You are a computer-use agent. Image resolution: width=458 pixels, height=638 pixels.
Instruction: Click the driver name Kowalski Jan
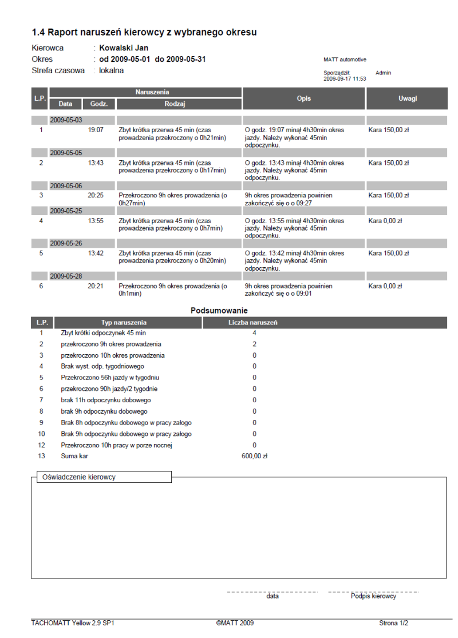[x=124, y=48]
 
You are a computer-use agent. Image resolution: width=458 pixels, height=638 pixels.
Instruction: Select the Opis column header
[x=304, y=98]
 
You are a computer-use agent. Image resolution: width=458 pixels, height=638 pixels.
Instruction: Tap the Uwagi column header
[x=408, y=98]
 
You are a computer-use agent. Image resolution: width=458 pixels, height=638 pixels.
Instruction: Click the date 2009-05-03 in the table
[x=66, y=120]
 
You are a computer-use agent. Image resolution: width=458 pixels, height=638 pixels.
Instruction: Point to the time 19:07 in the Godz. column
[x=96, y=130]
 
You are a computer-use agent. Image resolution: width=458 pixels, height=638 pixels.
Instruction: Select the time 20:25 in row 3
[x=96, y=195]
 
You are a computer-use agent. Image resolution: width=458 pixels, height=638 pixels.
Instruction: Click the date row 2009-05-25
[x=66, y=211]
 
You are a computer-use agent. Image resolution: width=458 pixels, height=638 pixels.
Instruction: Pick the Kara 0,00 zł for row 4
[x=385, y=220]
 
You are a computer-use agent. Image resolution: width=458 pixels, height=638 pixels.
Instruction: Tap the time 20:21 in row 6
[x=96, y=286]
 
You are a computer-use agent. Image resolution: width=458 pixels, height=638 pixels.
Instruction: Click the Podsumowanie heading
[x=219, y=311]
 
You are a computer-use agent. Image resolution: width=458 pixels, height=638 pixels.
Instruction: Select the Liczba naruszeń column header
[x=252, y=323]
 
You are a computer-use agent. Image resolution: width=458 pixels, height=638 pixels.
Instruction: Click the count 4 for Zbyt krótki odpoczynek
[x=254, y=333]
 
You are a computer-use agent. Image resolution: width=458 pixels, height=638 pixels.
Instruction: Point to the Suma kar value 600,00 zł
[x=255, y=456]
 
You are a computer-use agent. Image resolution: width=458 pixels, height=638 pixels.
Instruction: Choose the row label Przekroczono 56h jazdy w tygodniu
[x=110, y=378]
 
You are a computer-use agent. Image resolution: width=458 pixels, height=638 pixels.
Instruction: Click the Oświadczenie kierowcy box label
[x=76, y=477]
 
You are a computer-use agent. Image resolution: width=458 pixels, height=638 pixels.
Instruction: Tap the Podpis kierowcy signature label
[x=373, y=596]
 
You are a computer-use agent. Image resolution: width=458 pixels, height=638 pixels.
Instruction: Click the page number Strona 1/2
[x=394, y=623]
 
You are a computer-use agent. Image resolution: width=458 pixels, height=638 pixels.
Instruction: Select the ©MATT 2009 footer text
[x=235, y=623]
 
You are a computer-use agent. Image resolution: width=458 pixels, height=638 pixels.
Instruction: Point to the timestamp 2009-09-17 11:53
[x=345, y=79]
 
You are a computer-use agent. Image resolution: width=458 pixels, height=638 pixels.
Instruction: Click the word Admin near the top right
[x=384, y=73]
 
